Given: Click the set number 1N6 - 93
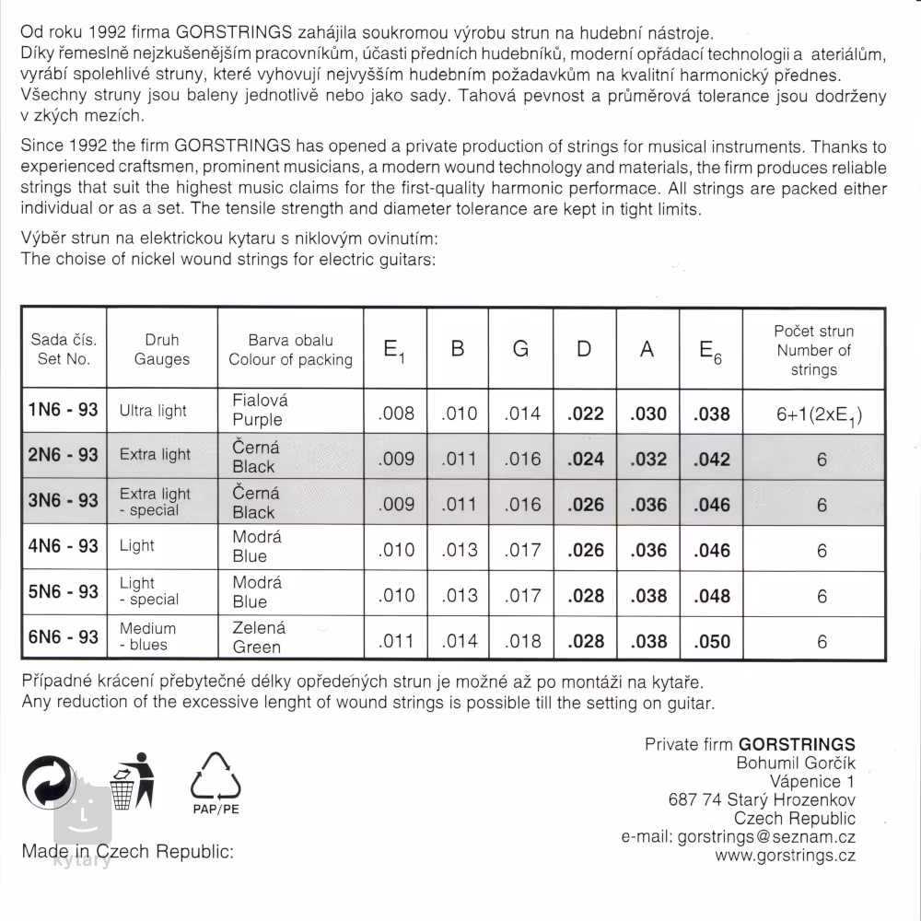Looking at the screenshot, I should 64,410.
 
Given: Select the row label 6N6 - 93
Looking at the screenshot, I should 64,636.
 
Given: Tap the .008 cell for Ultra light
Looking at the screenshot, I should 396,414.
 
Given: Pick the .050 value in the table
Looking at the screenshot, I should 713,642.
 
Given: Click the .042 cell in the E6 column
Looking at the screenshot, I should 713,459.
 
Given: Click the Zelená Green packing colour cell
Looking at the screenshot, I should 258,637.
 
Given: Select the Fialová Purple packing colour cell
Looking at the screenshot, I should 259,410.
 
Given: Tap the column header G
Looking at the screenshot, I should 520,350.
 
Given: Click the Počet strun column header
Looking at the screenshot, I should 813,350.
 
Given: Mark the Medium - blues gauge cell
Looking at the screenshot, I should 148,636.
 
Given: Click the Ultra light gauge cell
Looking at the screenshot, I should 153,411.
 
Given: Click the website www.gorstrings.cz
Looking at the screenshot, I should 785,856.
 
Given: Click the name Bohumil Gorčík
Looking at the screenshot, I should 796,764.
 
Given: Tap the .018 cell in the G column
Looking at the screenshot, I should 522,642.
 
